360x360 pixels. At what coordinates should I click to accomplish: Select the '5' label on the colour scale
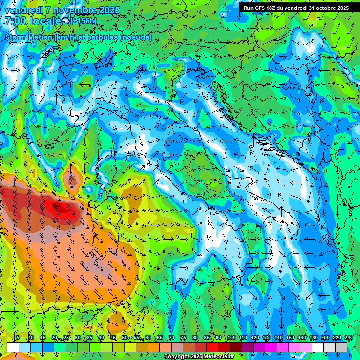pyautogui.click(x=18, y=338)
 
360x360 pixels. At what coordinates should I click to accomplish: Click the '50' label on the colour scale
pyautogui.click(x=124, y=338)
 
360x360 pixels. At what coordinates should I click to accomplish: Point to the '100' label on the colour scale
pyautogui.click(x=231, y=338)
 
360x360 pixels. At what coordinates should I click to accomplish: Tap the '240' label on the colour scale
pyautogui.click(x=348, y=338)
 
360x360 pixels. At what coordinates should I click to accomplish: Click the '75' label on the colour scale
pyautogui.click(x=183, y=338)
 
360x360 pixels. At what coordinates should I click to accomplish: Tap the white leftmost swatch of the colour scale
pyautogui.click(x=13, y=347)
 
